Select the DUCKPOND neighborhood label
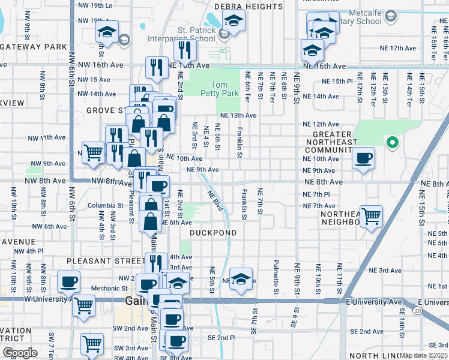click(x=213, y=232)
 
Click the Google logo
click(x=19, y=353)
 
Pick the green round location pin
click(x=392, y=142)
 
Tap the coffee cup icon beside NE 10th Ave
click(x=363, y=158)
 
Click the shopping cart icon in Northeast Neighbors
click(x=372, y=215)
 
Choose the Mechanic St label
click(x=104, y=288)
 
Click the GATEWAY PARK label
click(x=33, y=46)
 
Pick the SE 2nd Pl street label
click(x=214, y=338)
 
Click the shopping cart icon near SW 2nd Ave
click(x=92, y=344)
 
